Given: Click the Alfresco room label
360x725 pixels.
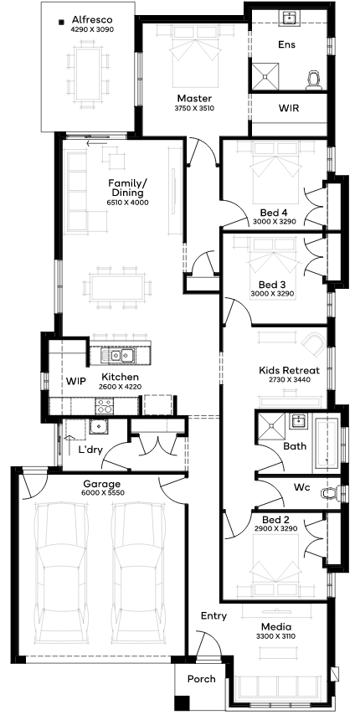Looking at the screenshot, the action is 92,20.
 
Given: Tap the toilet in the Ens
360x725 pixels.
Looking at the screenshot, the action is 314,80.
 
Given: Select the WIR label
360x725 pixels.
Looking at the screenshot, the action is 288,109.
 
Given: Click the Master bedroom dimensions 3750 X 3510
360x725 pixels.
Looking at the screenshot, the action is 194,109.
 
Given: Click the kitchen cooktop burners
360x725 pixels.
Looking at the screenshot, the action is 105,406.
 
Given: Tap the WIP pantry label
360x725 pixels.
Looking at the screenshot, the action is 76,381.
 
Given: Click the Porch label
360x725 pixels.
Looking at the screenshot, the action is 202,679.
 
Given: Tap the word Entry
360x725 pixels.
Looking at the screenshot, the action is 213,616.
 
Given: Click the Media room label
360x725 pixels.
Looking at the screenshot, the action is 276,627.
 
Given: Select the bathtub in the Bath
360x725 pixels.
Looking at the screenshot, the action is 327,443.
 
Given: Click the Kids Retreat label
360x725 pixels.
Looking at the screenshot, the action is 290,370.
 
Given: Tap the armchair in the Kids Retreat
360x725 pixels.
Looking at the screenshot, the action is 312,344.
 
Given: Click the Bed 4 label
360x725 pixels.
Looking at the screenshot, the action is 274,213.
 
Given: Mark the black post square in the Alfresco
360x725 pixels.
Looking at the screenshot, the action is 61,21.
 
